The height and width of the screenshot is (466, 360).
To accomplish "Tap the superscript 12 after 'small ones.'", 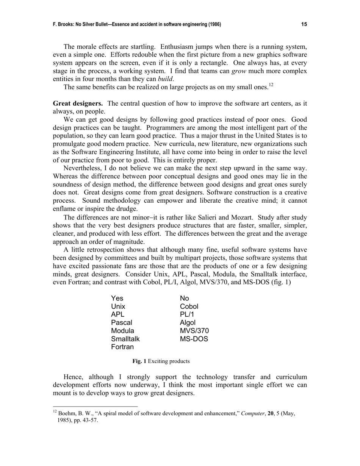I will coord(271,85).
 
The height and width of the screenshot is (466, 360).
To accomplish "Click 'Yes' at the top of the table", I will coord(117,298).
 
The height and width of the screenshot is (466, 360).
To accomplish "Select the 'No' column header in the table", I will coord(185,298).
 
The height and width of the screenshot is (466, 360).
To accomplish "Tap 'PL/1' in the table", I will coord(187,314).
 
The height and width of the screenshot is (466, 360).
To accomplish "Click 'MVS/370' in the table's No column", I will coord(194,331).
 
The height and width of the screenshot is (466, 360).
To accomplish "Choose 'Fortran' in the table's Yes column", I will coord(122,347).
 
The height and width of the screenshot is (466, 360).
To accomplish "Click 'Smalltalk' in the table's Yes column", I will coord(125,339).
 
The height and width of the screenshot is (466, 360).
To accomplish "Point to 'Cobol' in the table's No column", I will coord(189,306).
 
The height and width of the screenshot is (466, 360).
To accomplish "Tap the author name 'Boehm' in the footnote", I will coord(67,414).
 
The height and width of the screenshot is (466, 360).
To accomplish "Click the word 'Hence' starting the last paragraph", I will coord(73,377).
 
